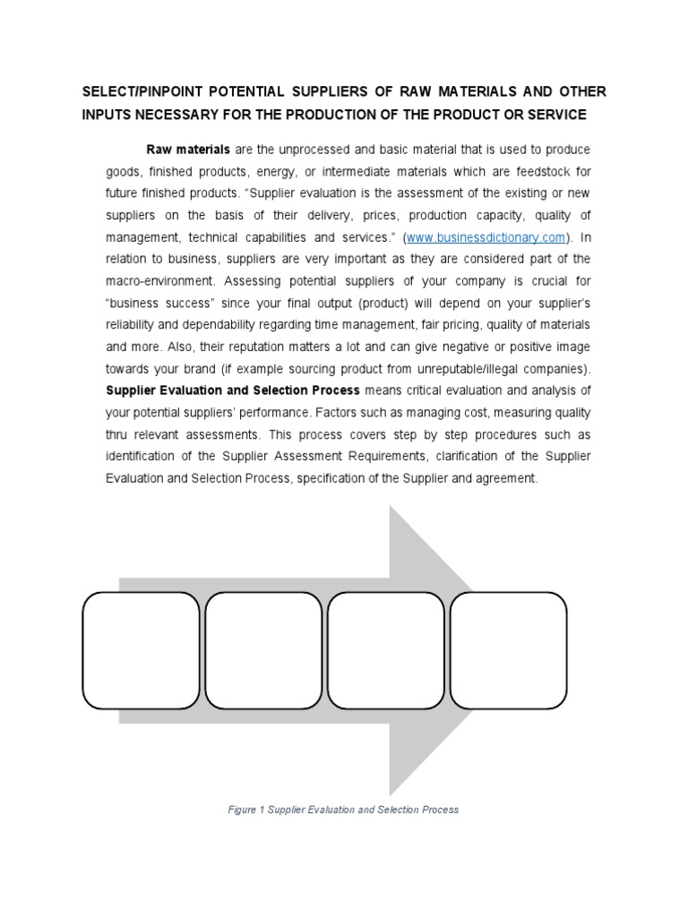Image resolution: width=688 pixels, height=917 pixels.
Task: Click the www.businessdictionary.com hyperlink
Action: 487,237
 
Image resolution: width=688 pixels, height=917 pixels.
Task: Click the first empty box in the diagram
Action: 141,649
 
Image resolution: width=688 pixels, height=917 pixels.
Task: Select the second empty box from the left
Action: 263,649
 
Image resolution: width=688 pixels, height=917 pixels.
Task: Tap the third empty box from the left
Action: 386,649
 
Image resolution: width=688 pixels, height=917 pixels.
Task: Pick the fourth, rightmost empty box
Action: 509,649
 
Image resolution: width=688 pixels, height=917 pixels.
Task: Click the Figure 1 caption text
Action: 344,810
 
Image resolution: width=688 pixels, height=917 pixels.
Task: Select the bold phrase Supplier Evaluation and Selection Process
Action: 233,390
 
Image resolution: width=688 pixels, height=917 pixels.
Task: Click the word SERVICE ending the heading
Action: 555,115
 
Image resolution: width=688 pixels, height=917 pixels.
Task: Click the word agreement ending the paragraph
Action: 508,478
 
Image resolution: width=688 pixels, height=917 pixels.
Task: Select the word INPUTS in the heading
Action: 108,115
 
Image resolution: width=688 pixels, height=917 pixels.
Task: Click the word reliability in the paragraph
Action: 131,325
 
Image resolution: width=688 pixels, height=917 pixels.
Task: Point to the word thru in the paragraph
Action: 119,434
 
